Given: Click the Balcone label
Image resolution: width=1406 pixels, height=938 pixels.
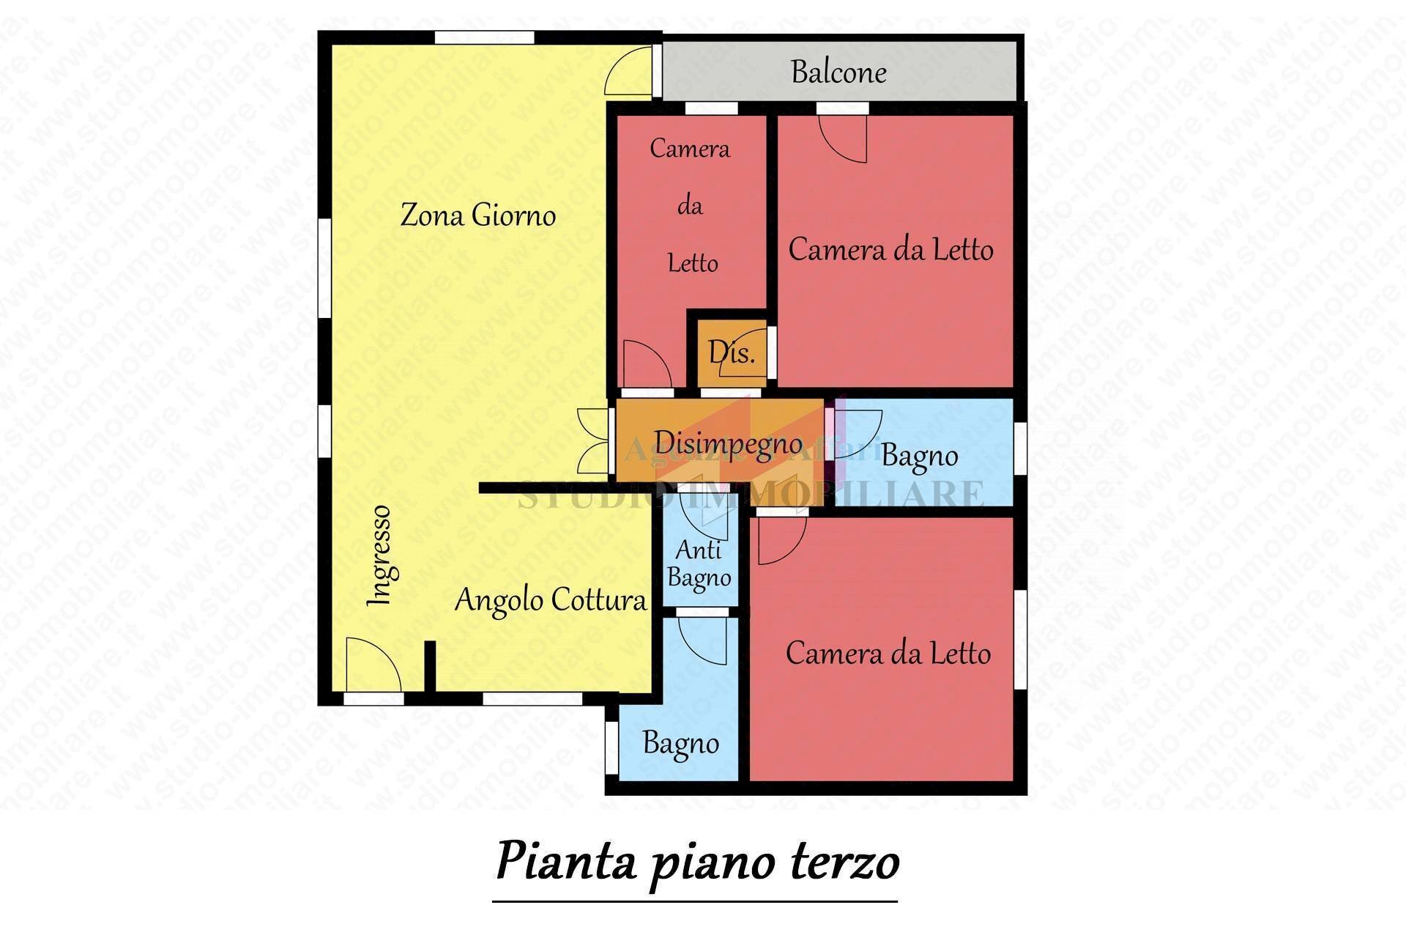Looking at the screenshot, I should (x=838, y=72).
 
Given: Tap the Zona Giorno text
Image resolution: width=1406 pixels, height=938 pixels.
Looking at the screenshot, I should (x=477, y=215).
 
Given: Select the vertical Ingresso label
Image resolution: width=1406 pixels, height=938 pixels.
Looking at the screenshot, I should (x=379, y=555).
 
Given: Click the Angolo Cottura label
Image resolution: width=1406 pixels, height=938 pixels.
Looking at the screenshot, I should (x=551, y=600).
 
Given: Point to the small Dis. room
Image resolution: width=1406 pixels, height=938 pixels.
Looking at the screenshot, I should (x=731, y=353).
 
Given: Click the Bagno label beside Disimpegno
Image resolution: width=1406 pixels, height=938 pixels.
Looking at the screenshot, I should (x=920, y=455).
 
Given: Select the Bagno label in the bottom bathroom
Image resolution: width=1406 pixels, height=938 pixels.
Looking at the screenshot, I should (x=680, y=743).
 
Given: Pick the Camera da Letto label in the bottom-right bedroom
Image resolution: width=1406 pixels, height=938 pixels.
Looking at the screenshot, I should (x=888, y=653).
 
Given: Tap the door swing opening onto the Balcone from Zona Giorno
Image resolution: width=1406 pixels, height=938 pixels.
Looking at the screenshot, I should (x=628, y=71).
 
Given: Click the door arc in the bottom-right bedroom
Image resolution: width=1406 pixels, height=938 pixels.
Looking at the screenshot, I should (x=781, y=541).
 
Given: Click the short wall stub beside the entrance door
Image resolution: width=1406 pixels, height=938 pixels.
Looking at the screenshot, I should (x=431, y=665).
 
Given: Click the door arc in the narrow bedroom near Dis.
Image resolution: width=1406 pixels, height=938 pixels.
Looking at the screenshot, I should (x=646, y=363).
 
